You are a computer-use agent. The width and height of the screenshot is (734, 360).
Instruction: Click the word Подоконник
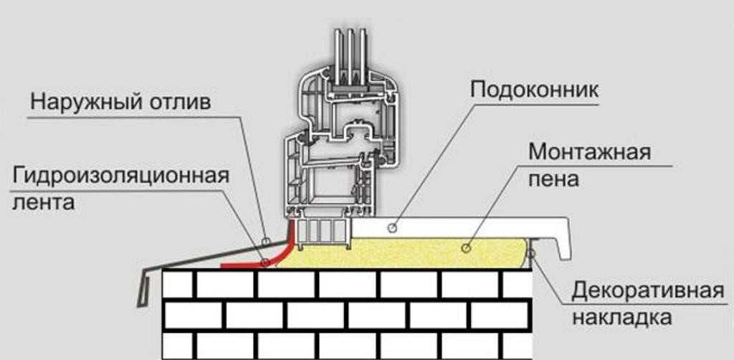pyautogui.click(x=533, y=91)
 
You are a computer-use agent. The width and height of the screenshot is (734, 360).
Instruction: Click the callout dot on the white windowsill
pyautogui.click(x=391, y=227)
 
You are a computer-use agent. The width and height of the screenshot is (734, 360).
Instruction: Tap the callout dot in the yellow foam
pyautogui.click(x=465, y=247)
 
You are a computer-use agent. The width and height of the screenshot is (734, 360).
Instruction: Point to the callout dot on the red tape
pyautogui.click(x=264, y=262)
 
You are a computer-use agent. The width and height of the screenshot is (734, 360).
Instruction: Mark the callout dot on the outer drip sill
pyautogui.click(x=265, y=240)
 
